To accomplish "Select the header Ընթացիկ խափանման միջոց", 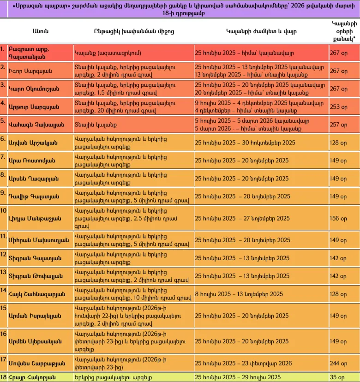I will point(134,31).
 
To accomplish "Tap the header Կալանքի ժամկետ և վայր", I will point(261,31).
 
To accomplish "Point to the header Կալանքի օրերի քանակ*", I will point(344,31).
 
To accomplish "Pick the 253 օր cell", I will point(338,107).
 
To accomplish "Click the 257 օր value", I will point(338,125).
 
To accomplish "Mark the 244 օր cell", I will point(338,363).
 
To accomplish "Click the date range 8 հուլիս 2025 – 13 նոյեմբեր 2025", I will point(239,293).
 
